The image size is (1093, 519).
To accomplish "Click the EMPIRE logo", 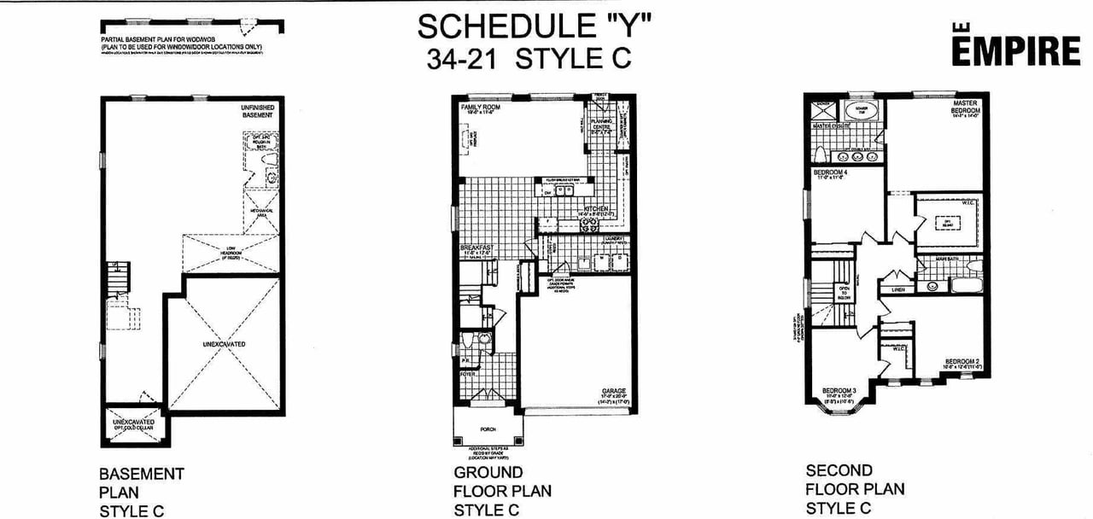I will click(1015, 50).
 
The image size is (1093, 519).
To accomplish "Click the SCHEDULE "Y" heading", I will click(535, 26).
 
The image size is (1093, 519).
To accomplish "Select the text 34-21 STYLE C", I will click(535, 59).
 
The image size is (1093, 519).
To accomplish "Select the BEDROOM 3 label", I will click(839, 393).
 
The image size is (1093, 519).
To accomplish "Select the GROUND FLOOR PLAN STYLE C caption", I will click(501, 491).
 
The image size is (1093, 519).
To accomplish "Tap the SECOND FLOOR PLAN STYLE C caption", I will click(854, 489).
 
